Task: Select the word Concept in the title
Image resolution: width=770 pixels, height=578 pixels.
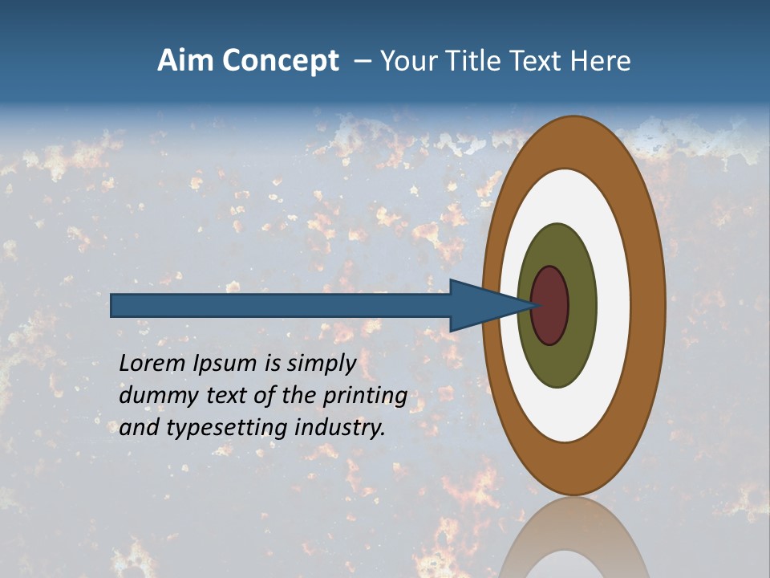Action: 280,61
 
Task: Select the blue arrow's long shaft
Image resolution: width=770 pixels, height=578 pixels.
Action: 281,306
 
